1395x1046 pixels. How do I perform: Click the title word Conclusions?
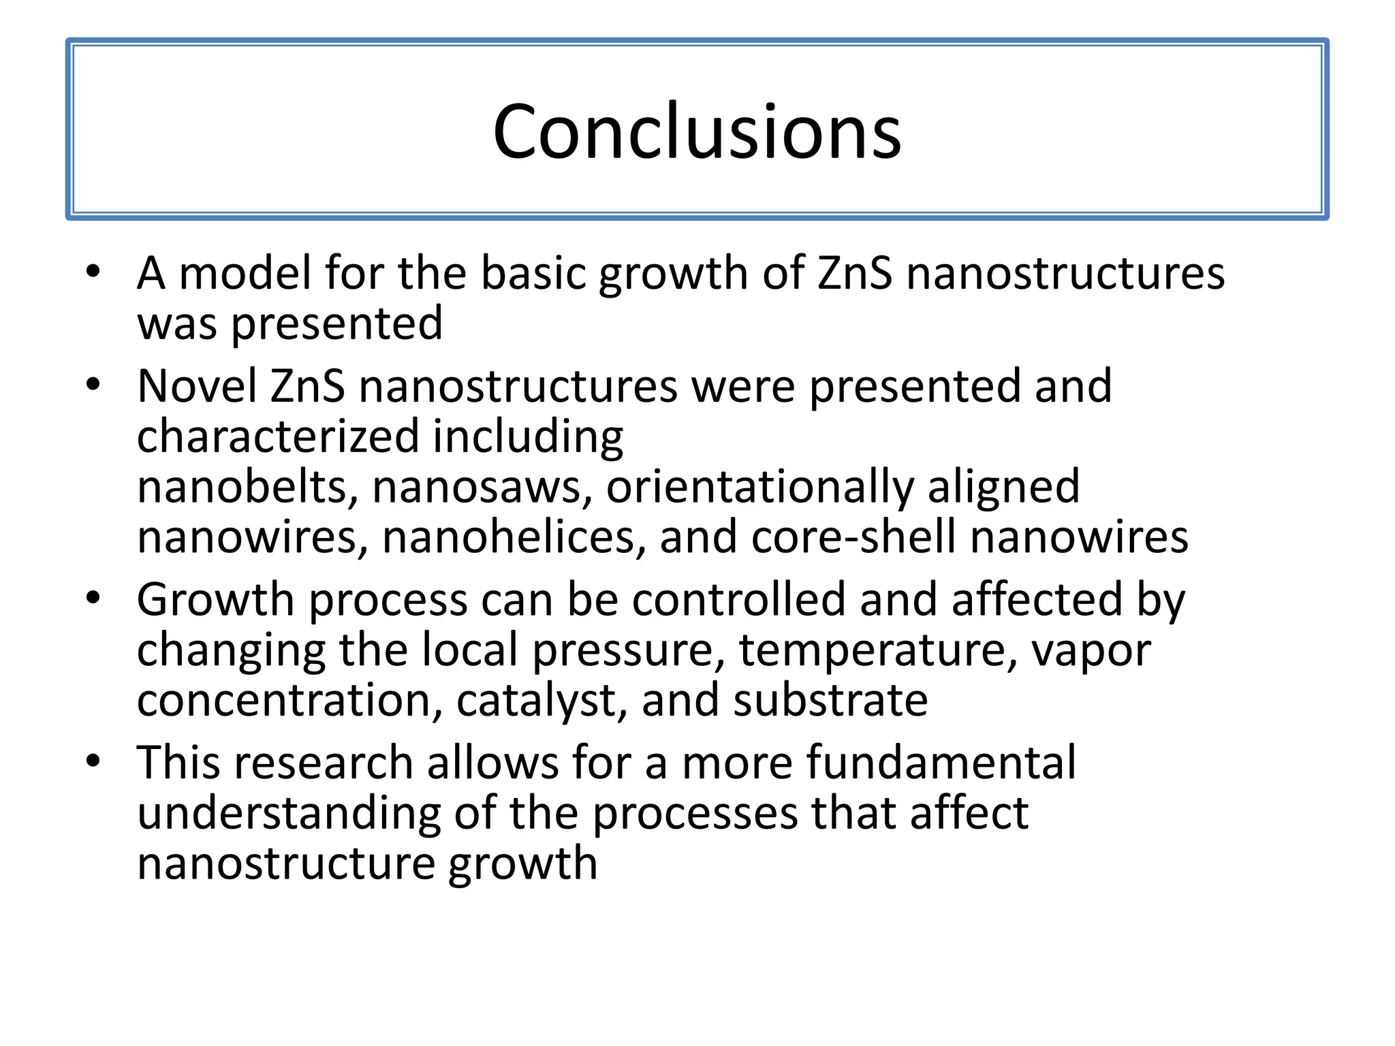tap(697, 131)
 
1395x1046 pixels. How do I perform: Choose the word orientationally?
tap(759, 488)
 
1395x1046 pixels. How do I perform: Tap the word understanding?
tap(289, 814)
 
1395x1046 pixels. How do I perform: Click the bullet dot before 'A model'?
tap(93, 272)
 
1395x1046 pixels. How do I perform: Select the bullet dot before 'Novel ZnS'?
tap(93, 385)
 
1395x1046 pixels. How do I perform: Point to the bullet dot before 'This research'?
tap(93, 761)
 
